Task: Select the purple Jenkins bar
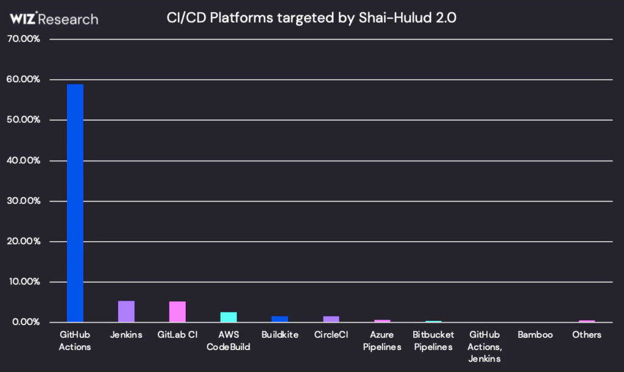(x=126, y=311)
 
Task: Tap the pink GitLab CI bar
(x=177, y=312)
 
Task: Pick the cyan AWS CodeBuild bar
(x=229, y=317)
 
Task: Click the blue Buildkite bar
(x=280, y=319)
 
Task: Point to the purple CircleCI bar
(x=331, y=319)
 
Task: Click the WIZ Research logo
(x=54, y=19)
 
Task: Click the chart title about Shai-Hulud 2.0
(x=311, y=18)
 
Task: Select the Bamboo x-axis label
(x=535, y=335)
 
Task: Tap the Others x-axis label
(x=586, y=335)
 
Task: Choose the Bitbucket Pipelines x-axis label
(x=433, y=341)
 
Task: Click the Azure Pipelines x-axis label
(x=382, y=341)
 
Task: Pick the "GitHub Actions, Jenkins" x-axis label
(x=484, y=347)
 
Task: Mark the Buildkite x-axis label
(x=280, y=335)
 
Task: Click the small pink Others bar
(x=587, y=321)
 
